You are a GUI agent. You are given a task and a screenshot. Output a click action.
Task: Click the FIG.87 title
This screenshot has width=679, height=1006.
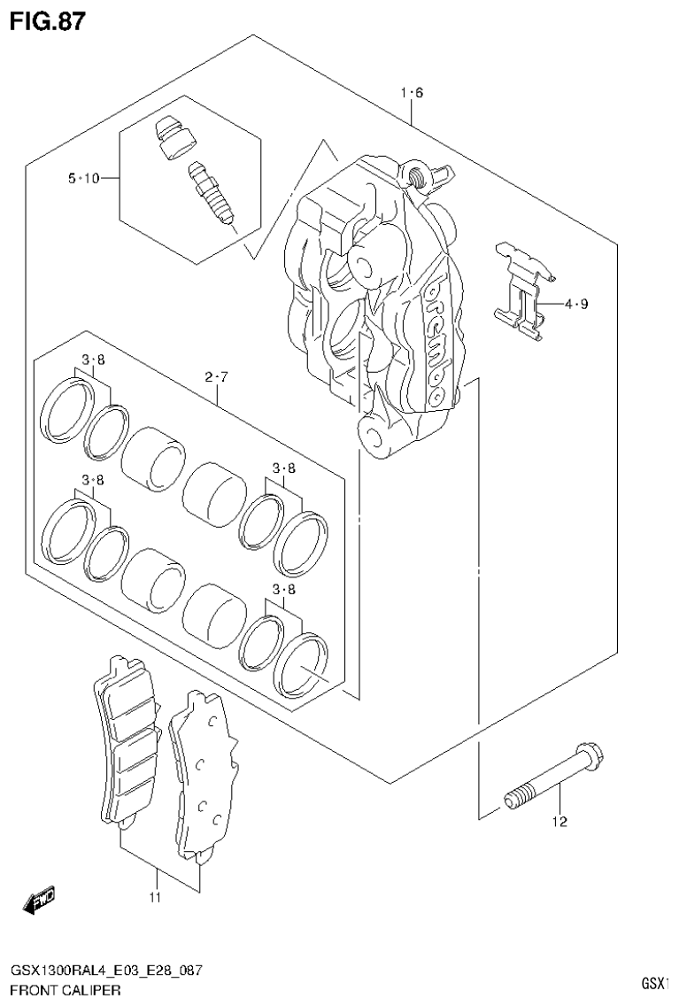click(x=48, y=20)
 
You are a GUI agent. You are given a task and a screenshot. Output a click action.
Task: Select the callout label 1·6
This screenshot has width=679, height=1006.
click(x=413, y=93)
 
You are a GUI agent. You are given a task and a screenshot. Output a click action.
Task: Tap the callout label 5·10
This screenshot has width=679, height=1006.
click(x=82, y=179)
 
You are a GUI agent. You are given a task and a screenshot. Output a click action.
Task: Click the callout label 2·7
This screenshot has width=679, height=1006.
click(x=217, y=378)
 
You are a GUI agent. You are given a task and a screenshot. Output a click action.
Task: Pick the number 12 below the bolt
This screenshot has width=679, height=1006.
click(x=559, y=822)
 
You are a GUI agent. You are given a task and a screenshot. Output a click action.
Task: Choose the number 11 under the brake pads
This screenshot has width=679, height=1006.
click(x=155, y=899)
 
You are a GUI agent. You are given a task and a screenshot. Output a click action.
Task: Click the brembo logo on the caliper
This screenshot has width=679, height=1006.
click(x=436, y=341)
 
